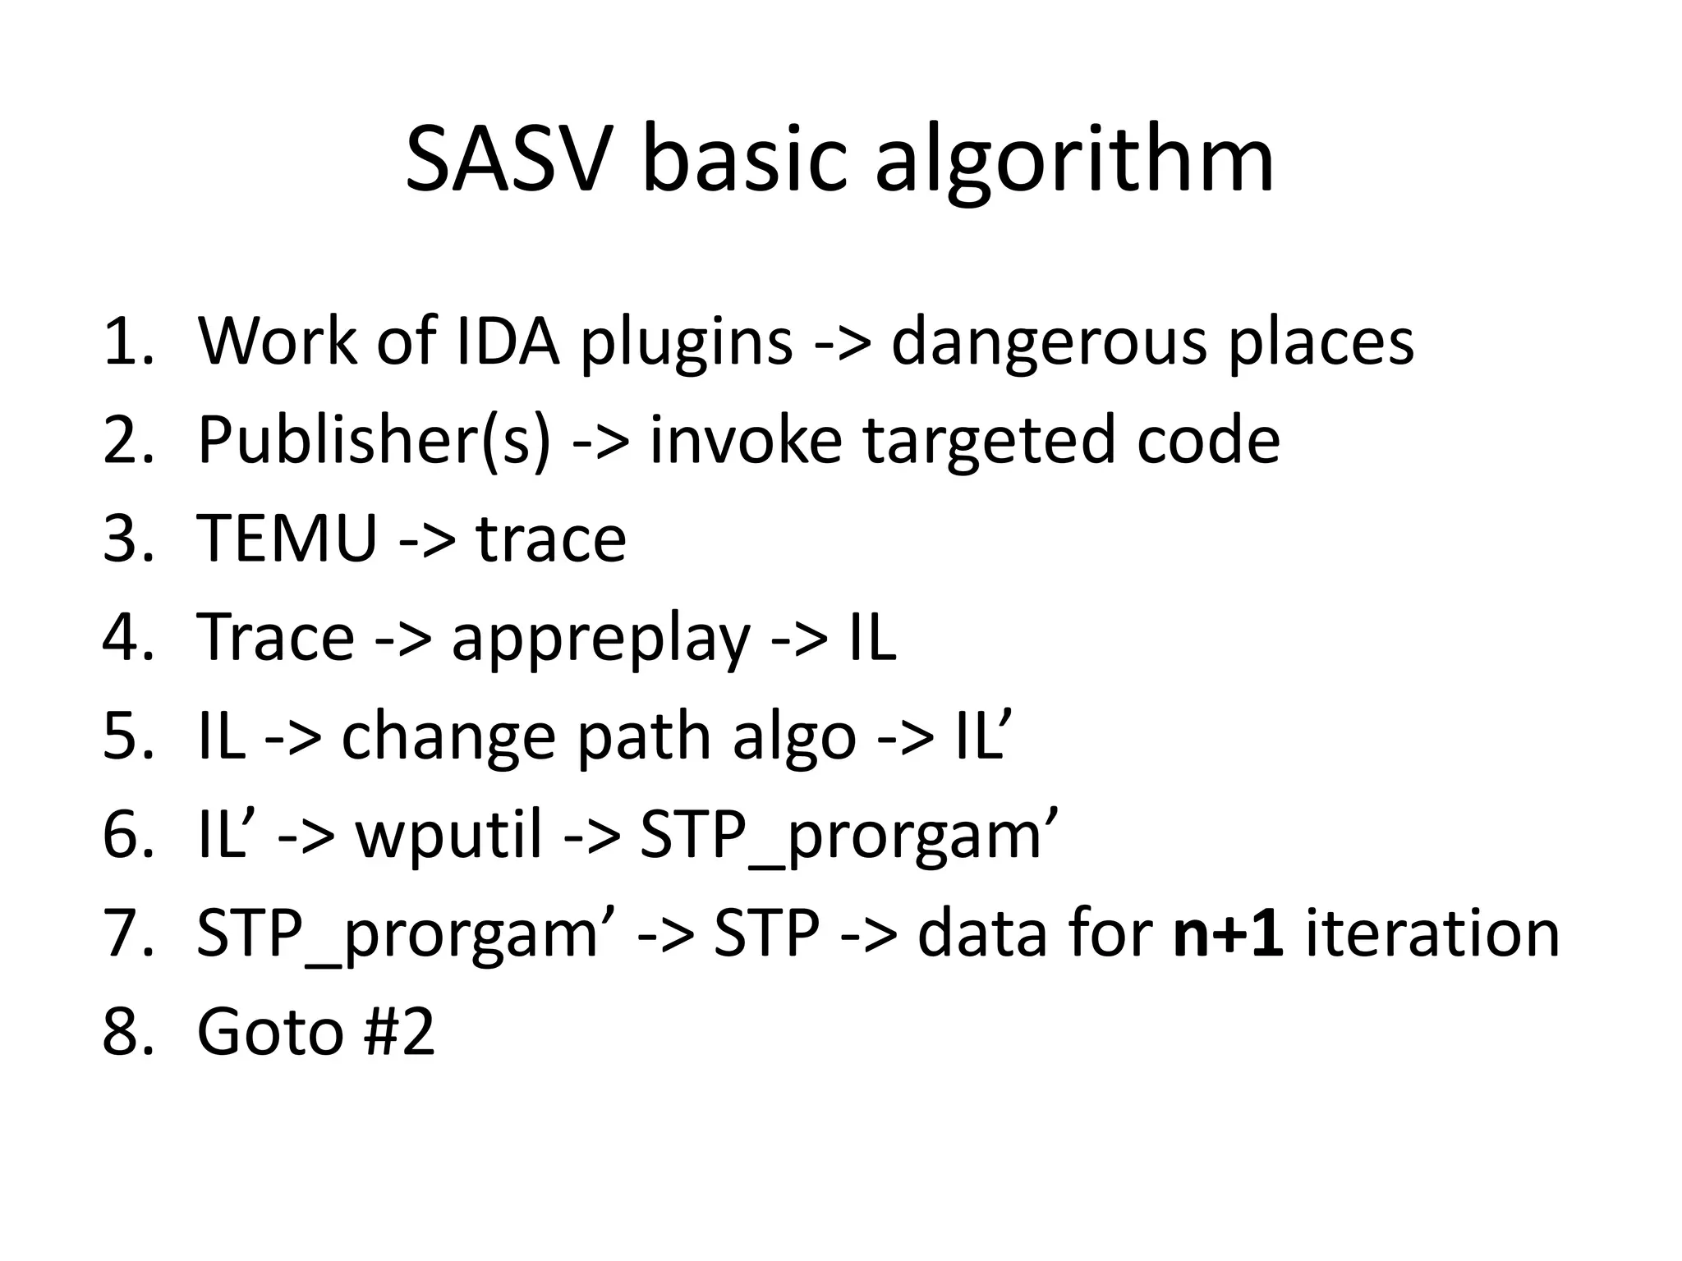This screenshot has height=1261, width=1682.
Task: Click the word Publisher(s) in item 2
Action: tap(373, 440)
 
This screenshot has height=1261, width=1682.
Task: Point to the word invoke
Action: tap(745, 440)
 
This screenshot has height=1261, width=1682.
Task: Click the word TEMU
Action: tap(287, 539)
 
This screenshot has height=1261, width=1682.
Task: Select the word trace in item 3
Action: tap(551, 539)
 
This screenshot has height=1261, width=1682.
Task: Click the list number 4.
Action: tap(126, 638)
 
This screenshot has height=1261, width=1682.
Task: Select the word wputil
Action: tap(448, 835)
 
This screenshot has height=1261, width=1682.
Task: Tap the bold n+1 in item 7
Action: tap(1229, 933)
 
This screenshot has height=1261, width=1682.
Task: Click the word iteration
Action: tap(1432, 933)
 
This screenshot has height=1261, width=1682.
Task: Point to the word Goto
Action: tap(270, 1032)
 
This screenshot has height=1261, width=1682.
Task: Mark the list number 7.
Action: tap(126, 933)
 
